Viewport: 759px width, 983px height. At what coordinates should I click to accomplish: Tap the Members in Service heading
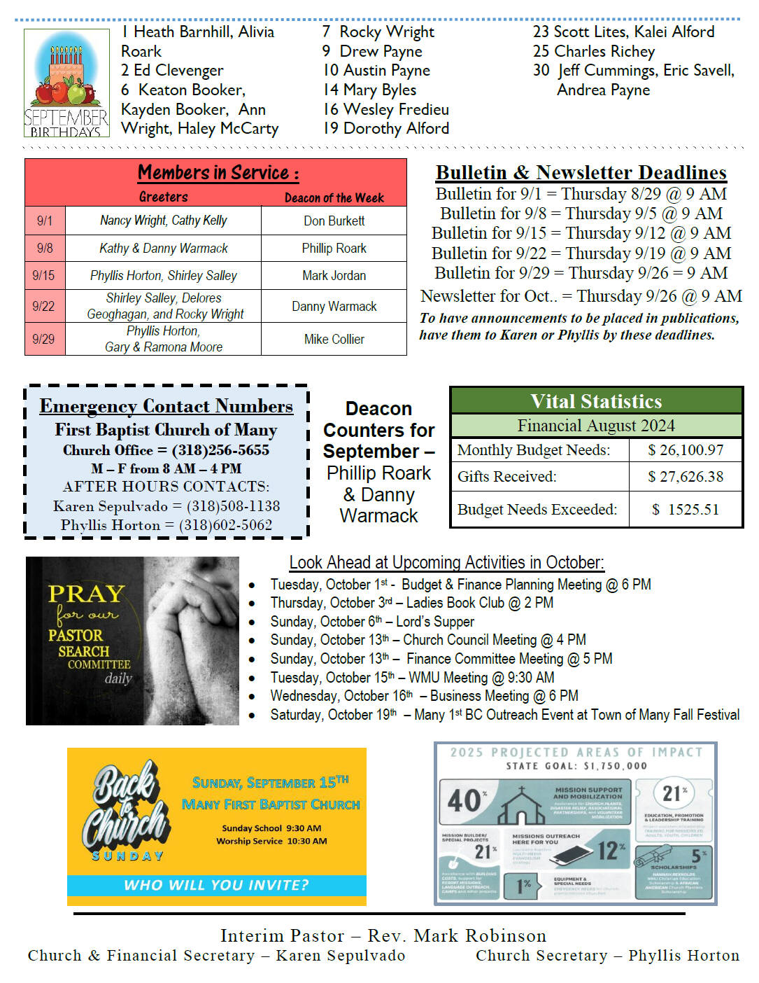pyautogui.click(x=218, y=172)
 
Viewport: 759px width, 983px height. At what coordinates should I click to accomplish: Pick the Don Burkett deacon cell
pyautogui.click(x=334, y=221)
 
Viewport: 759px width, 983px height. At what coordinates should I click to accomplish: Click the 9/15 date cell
pyautogui.click(x=43, y=275)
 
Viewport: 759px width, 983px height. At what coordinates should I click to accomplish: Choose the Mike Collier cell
pyautogui.click(x=334, y=339)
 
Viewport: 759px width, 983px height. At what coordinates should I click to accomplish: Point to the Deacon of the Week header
pyautogui.click(x=334, y=197)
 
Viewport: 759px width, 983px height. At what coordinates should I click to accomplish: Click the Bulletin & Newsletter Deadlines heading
pyautogui.click(x=581, y=172)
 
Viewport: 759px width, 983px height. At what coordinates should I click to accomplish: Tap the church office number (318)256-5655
pyautogui.click(x=220, y=449)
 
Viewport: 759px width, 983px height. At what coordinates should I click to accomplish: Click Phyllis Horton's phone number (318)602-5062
pyautogui.click(x=225, y=524)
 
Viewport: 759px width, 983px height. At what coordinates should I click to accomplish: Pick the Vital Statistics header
pyautogui.click(x=596, y=400)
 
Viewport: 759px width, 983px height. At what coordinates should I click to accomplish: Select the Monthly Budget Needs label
pyautogui.click(x=533, y=449)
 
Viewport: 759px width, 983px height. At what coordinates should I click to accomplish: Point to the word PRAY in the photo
pyautogui.click(x=86, y=594)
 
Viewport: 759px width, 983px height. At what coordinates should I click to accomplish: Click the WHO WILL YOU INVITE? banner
pyautogui.click(x=216, y=885)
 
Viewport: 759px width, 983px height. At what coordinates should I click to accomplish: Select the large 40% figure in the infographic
pyautogui.click(x=465, y=800)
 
